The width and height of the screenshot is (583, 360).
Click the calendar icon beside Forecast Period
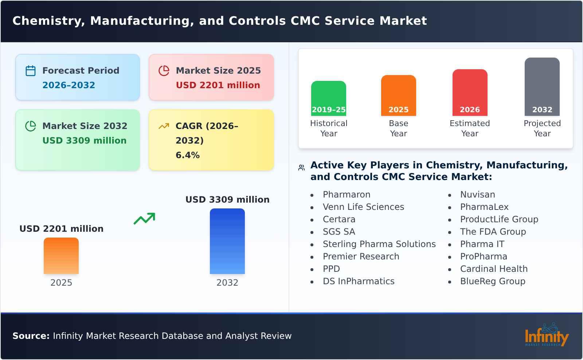click(31, 71)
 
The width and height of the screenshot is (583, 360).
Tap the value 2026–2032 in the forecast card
click(69, 85)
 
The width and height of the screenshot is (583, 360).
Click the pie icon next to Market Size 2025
click(164, 71)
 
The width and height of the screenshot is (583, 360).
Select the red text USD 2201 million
click(218, 85)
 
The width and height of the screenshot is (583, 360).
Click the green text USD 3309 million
click(84, 141)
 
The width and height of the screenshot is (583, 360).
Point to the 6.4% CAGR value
click(187, 155)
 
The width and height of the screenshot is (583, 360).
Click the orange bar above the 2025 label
click(61, 256)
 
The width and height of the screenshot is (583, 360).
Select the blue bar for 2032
click(227, 241)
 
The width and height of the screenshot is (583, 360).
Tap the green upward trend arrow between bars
click(144, 219)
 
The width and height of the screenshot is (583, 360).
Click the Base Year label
click(398, 128)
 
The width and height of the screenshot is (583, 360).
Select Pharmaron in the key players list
click(346, 195)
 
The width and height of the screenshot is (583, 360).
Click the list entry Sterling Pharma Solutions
click(379, 244)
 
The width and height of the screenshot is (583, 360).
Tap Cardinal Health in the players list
click(493, 269)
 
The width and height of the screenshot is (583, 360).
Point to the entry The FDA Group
click(493, 232)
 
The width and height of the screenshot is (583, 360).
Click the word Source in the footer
click(31, 336)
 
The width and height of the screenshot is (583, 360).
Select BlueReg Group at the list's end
click(492, 281)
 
